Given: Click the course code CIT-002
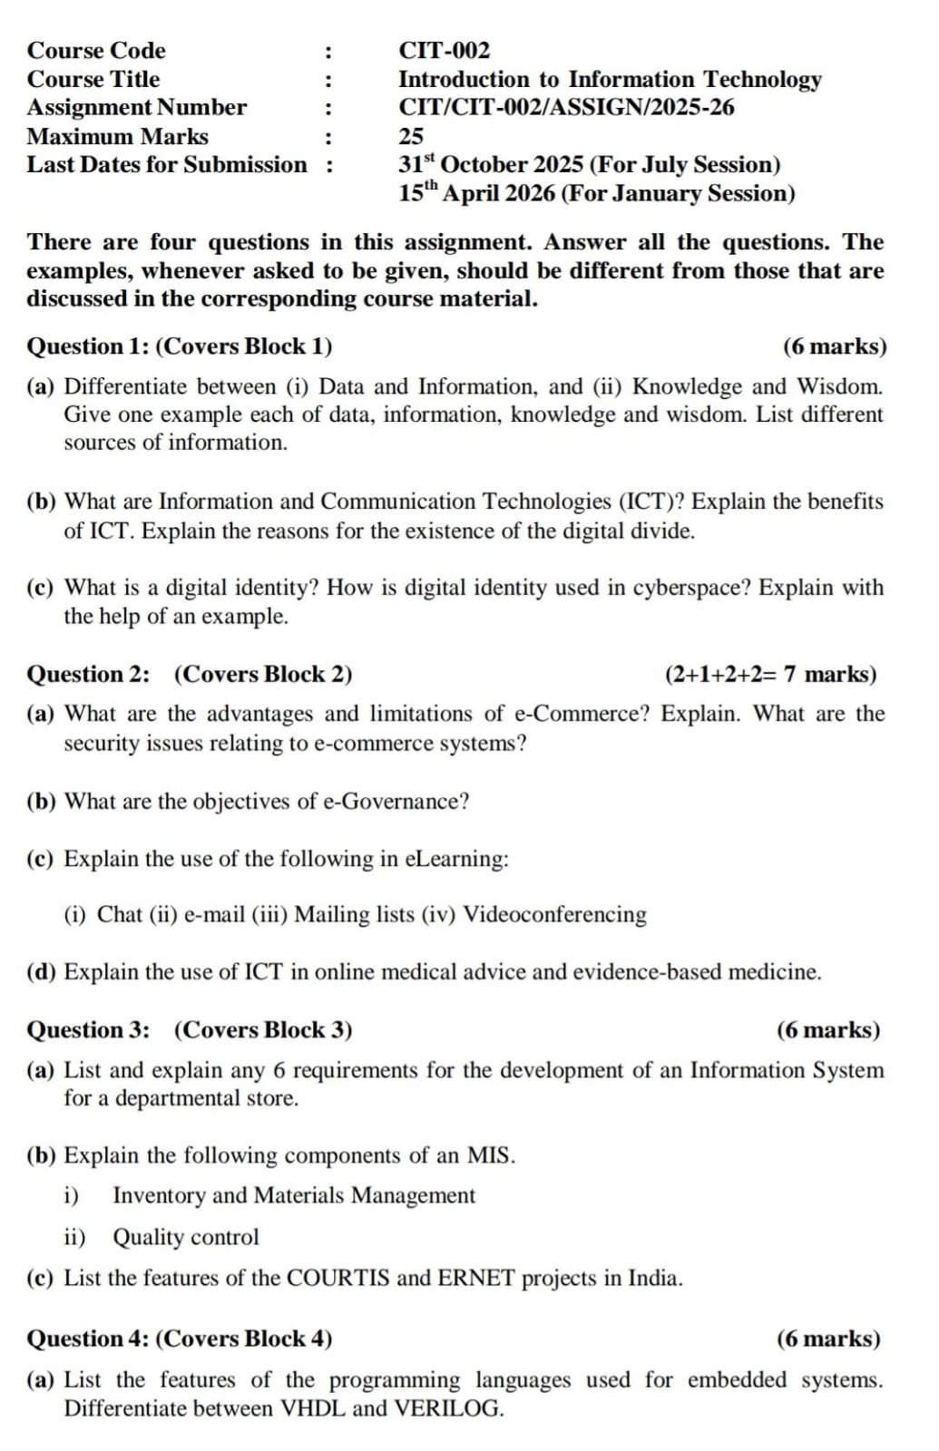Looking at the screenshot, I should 444,51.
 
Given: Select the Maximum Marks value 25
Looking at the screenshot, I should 411,137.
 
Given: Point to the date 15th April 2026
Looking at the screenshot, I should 477,194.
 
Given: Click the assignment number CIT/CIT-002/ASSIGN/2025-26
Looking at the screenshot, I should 566,108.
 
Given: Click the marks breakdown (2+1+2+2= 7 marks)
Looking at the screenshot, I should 770,675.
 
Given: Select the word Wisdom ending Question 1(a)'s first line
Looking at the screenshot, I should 839,387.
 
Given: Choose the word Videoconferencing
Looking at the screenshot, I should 555,914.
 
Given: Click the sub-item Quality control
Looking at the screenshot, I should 186,1238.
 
